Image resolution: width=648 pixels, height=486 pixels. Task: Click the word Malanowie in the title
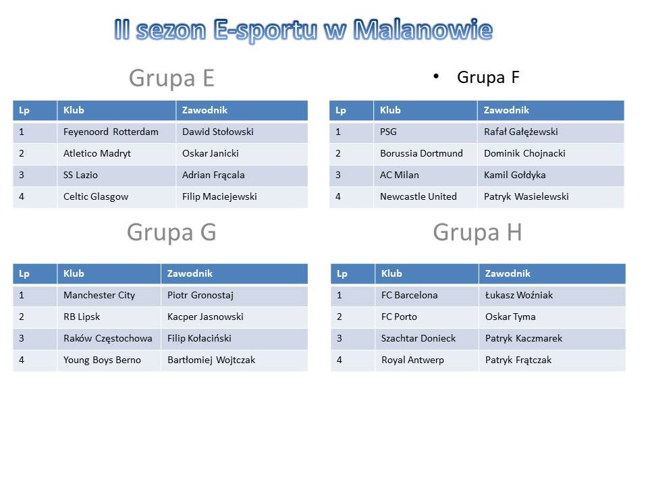click(x=423, y=30)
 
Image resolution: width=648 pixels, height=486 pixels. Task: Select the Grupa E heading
click(x=171, y=78)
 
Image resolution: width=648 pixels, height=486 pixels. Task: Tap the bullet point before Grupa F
click(x=436, y=76)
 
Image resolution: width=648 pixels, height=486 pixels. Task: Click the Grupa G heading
click(x=171, y=232)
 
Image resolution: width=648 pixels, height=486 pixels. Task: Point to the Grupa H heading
click(x=477, y=232)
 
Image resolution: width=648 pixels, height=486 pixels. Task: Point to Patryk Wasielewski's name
click(x=526, y=196)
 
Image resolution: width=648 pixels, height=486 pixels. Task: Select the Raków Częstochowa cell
click(x=108, y=338)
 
